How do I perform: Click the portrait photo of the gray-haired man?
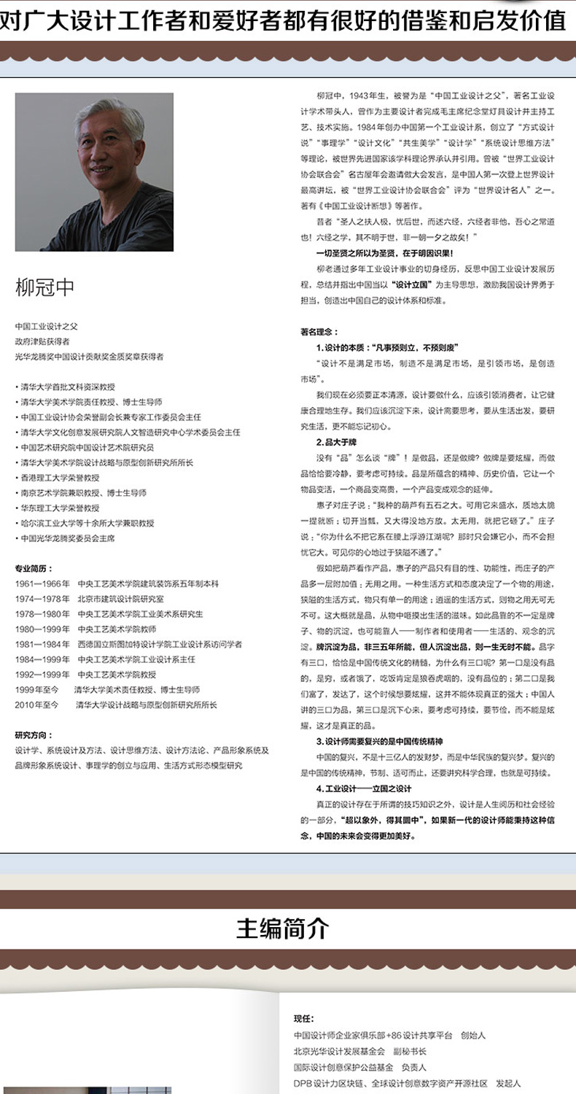pyautogui.click(x=94, y=172)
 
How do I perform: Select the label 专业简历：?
pyautogui.click(x=34, y=567)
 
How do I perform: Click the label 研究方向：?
pyautogui.click(x=34, y=734)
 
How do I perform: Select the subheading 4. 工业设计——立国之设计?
pyautogui.click(x=365, y=788)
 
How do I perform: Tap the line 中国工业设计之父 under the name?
pyautogui.click(x=45, y=326)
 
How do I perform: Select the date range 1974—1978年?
pyautogui.click(x=42, y=599)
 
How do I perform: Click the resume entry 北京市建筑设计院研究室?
pyautogui.click(x=117, y=599)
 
